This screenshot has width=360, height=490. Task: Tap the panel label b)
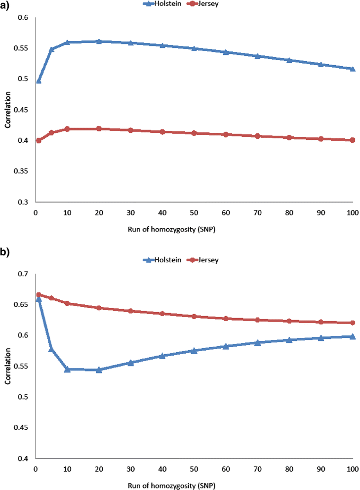click(6, 252)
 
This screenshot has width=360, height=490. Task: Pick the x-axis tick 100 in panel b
click(352, 468)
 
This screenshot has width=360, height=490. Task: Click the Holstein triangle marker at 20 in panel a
click(99, 41)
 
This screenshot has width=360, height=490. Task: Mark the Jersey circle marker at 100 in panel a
click(353, 140)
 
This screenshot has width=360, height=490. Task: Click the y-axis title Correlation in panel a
click(7, 110)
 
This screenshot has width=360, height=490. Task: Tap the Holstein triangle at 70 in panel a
click(257, 56)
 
